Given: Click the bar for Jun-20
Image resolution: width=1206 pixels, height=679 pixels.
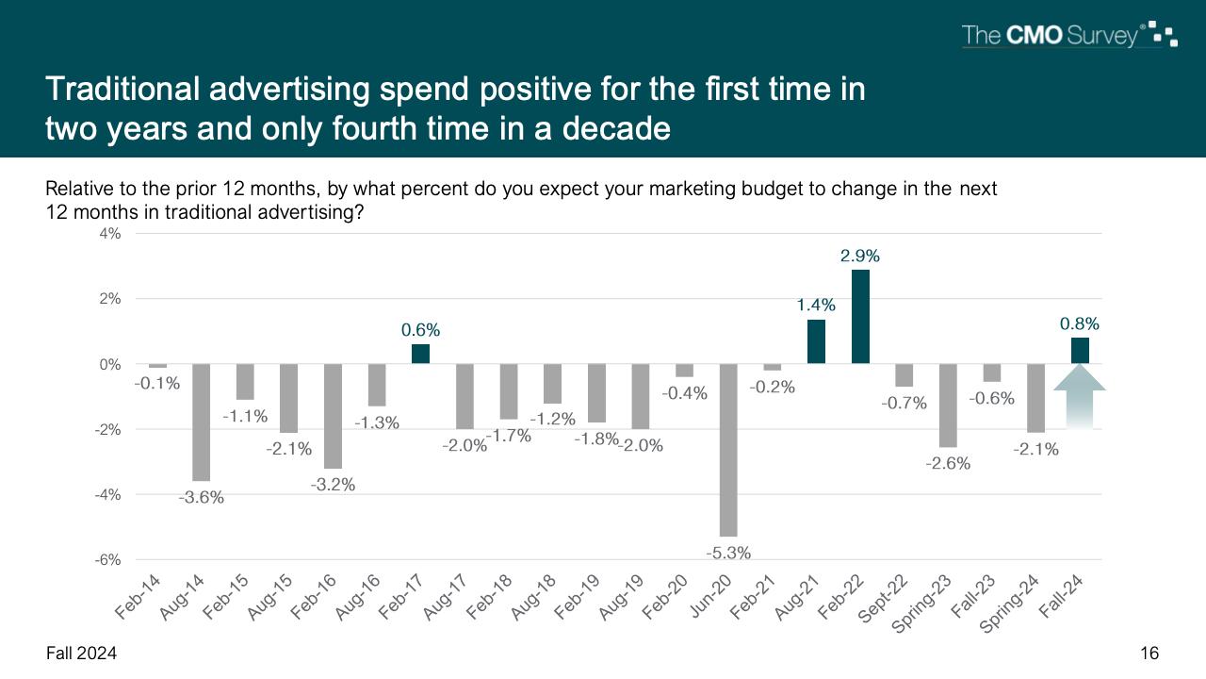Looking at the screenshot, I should click(728, 450).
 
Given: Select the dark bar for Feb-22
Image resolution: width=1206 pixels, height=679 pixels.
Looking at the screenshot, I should click(860, 317).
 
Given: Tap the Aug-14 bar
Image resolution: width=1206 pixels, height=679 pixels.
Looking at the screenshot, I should click(202, 422).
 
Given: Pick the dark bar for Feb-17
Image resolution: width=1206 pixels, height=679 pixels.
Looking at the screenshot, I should click(420, 354).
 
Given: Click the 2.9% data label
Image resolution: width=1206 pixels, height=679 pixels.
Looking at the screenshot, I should click(860, 256).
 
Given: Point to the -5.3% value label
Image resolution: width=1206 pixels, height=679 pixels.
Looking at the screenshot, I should click(728, 553).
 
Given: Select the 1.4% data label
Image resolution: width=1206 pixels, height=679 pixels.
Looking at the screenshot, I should click(816, 305).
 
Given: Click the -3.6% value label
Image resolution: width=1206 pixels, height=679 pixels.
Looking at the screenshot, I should click(202, 497).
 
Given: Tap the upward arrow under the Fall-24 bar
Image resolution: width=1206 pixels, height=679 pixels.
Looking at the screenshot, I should click(1079, 396).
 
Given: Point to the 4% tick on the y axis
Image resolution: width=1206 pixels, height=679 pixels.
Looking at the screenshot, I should click(109, 234).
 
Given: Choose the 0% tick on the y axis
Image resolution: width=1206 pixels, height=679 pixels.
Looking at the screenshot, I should click(109, 364).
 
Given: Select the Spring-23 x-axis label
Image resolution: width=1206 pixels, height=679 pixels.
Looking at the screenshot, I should click(922, 604).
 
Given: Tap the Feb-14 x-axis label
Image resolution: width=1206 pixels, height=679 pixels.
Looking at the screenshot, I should click(138, 597).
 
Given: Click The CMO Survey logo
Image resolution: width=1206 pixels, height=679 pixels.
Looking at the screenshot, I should click(1068, 36).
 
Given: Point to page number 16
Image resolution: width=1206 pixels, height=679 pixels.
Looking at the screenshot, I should click(1149, 654).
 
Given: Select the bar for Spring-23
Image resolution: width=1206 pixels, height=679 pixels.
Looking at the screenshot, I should click(948, 406).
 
